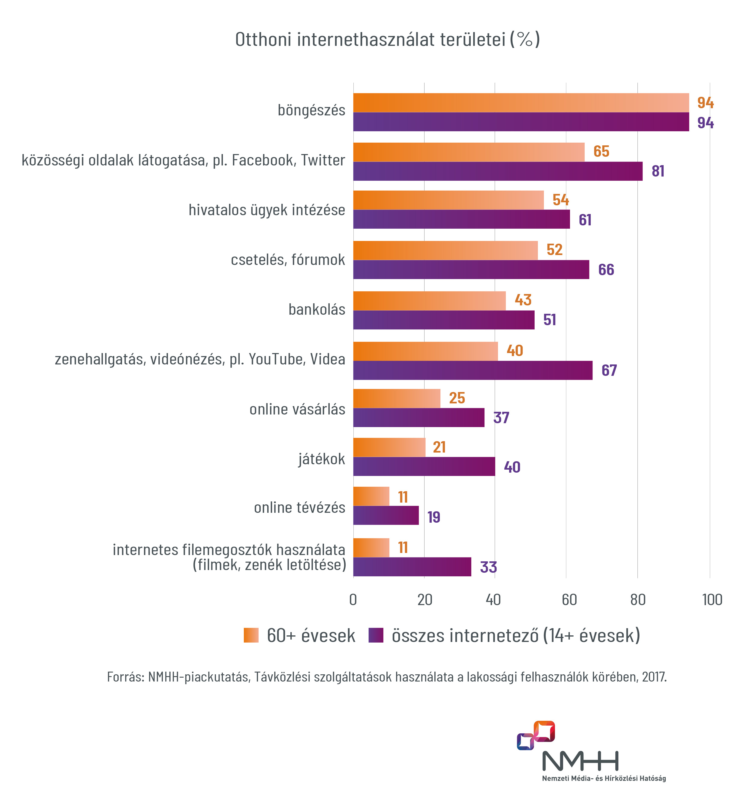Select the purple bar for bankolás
pyautogui.click(x=444, y=320)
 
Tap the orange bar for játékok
pyautogui.click(x=389, y=447)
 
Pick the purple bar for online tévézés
pyautogui.click(x=386, y=515)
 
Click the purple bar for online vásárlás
pyautogui.click(x=419, y=417)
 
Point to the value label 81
pyautogui.click(x=658, y=171)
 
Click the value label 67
pyautogui.click(x=609, y=370)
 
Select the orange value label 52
pyautogui.click(x=554, y=250)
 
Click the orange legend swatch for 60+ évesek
pyautogui.click(x=251, y=635)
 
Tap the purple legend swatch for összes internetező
pyautogui.click(x=376, y=635)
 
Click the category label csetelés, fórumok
pyautogui.click(x=288, y=260)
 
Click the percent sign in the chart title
pyautogui.click(x=525, y=40)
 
